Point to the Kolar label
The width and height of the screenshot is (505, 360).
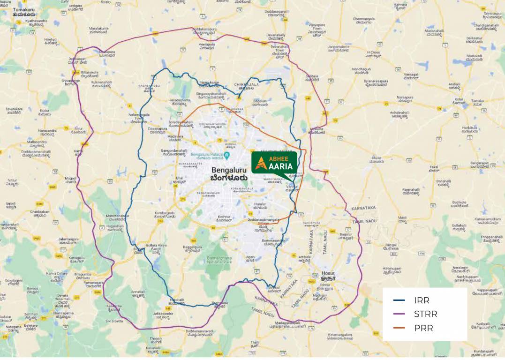coord(458,99)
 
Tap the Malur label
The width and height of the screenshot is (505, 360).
coord(376,160)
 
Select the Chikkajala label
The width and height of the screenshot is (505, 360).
coord(246,85)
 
